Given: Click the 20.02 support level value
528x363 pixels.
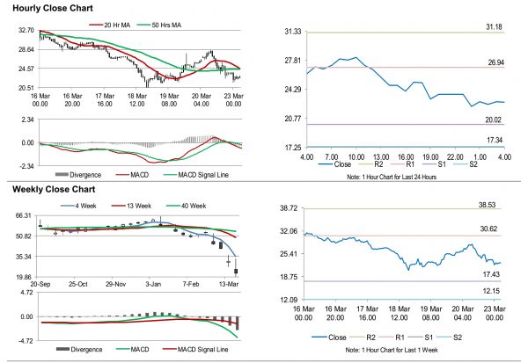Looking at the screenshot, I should [x=493, y=120].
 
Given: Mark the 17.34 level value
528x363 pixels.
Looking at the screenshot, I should [x=493, y=140].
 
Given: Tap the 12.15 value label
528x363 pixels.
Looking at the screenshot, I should [x=493, y=291].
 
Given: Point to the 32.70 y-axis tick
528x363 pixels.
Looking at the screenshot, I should [x=26, y=30].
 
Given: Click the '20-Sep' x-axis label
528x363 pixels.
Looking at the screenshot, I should [x=40, y=285].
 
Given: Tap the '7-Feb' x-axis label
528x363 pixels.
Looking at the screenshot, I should [x=194, y=285].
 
